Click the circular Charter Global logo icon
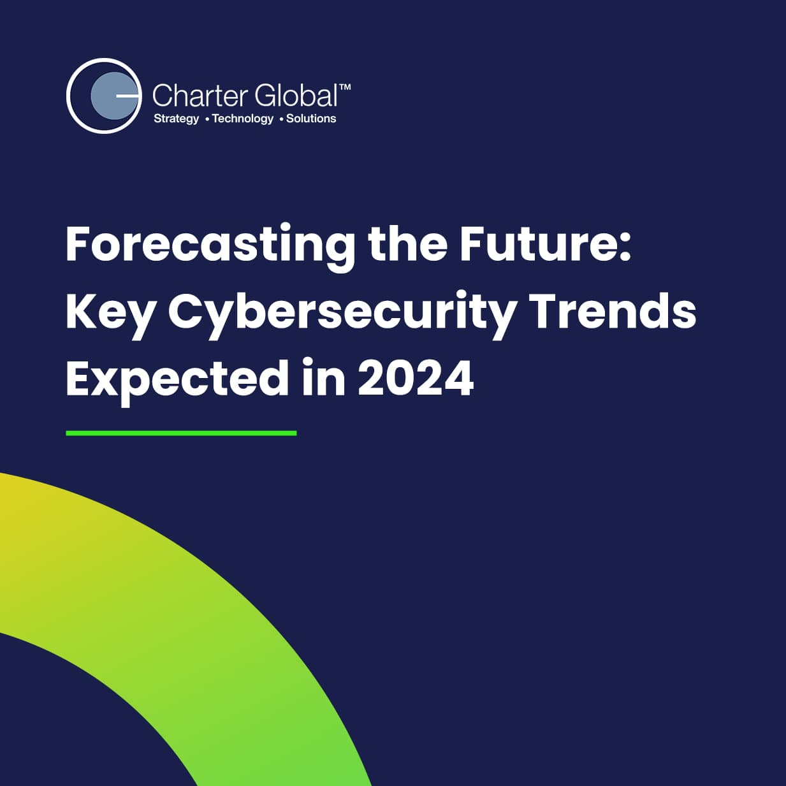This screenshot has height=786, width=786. pos(104,96)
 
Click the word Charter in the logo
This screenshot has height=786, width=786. pos(201,95)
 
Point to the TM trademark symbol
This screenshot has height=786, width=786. pos(345,87)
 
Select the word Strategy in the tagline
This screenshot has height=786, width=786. pos(176,119)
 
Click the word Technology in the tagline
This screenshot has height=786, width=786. pos(243,119)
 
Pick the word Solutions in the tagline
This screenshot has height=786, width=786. pos(311,119)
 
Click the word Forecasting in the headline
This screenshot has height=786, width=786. pos(210,247)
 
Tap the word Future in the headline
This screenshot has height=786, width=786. pos(538,244)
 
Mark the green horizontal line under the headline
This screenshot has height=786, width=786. pos(181,433)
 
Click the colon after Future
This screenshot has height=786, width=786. pos(625,249)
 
